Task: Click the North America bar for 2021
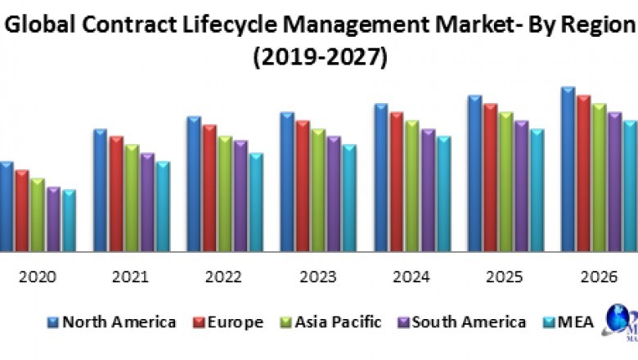[100, 190]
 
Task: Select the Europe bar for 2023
[303, 186]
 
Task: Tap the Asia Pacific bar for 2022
[225, 193]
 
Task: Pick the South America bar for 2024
[428, 190]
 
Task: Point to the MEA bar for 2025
[537, 190]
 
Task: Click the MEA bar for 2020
[69, 221]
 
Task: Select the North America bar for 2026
[568, 169]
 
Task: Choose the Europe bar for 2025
[490, 178]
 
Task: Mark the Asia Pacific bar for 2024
[411, 186]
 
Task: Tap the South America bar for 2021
[146, 202]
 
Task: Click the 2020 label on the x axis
[38, 277]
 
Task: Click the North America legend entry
[112, 322]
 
